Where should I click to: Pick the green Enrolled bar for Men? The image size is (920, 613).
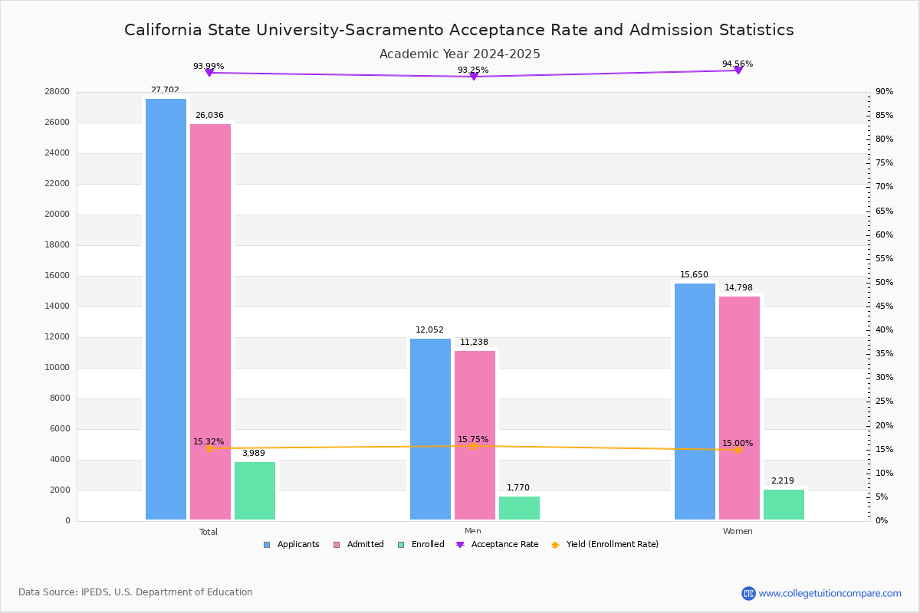519,508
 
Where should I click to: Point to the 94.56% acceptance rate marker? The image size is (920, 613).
738,70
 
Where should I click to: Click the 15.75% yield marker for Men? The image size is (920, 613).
474,446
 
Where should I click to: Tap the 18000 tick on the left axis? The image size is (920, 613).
57,245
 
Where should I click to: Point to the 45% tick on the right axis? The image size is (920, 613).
885,306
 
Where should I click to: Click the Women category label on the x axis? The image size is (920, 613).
738,532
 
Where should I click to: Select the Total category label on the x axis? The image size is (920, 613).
209,532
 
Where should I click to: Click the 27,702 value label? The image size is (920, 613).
165,90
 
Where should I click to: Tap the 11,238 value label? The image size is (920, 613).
474,343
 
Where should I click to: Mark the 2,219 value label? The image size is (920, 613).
783,481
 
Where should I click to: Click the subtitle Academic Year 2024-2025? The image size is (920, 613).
460,54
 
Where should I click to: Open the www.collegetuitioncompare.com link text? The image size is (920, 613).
830,593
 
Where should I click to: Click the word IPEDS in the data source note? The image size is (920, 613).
95,592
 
